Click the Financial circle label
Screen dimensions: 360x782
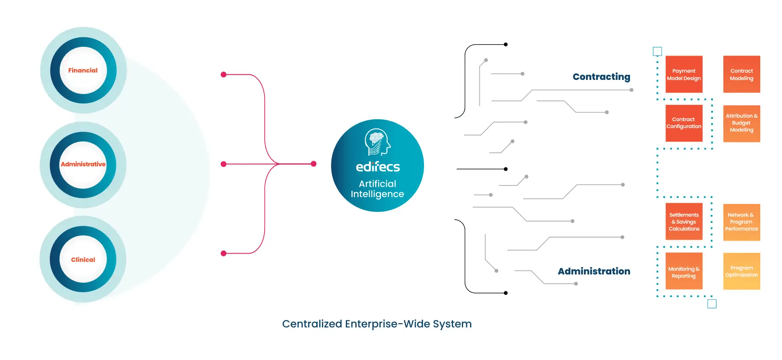[x=83, y=70]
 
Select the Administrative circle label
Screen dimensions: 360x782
[x=83, y=164]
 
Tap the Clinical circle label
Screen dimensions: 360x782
[x=83, y=260]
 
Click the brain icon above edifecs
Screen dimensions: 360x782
[x=377, y=142]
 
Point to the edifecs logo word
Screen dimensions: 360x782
[x=378, y=167]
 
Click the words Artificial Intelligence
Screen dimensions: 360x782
[x=377, y=189]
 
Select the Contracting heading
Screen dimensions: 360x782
[x=601, y=77]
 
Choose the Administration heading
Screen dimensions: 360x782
[x=594, y=271]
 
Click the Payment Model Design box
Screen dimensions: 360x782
[x=684, y=74]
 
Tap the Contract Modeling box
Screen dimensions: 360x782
[x=742, y=74]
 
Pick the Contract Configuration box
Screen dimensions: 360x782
[x=684, y=123]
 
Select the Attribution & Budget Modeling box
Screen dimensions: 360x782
[x=742, y=123]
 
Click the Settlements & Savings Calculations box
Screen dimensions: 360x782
[x=684, y=222]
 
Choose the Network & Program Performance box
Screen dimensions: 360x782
[x=742, y=222]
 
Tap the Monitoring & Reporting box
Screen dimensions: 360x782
[x=684, y=272]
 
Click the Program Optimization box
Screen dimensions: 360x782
[x=742, y=271]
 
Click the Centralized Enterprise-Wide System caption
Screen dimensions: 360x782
[x=377, y=324]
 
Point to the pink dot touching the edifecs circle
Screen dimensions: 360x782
[x=314, y=164]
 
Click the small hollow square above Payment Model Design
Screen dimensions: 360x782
[x=657, y=52]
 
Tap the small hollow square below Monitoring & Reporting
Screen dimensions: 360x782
[x=712, y=304]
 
